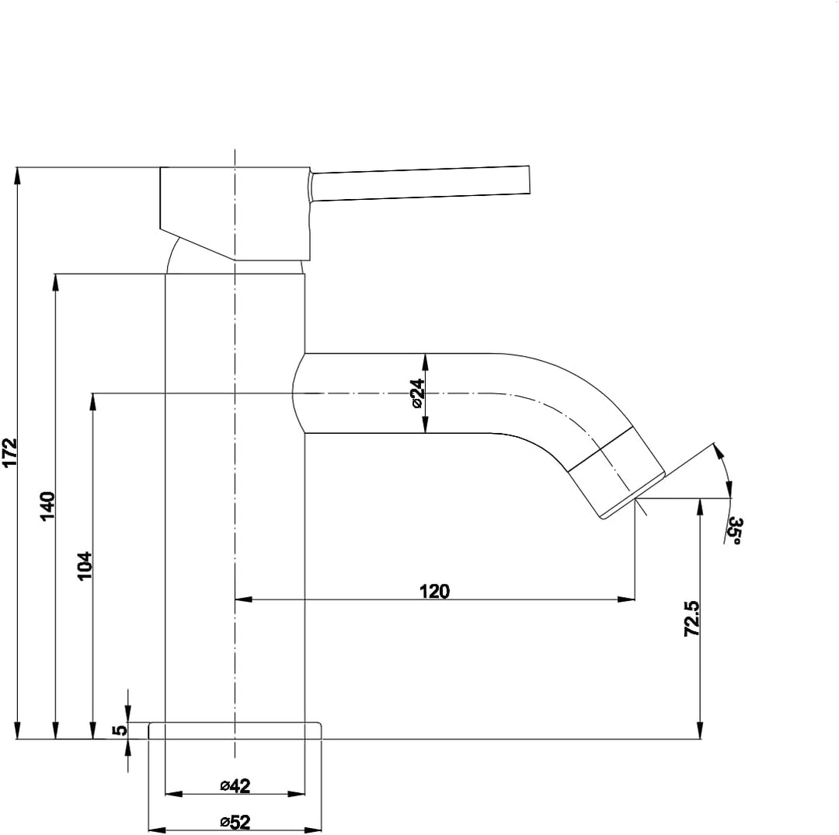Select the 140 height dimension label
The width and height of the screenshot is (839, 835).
(47, 506)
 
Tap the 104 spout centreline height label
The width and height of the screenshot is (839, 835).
(85, 565)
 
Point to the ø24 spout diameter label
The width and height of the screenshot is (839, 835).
(417, 393)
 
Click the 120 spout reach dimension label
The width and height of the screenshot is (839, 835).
(434, 592)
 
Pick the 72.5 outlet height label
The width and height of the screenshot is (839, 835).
(691, 619)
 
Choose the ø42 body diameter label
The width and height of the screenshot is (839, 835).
(235, 786)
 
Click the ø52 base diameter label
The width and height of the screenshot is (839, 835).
(235, 822)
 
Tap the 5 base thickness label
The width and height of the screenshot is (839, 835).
(120, 729)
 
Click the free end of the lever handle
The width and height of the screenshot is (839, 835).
(529, 179)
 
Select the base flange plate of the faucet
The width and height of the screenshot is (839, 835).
(235, 731)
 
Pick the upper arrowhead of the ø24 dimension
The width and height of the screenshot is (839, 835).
(425, 362)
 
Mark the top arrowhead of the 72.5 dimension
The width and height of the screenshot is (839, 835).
(701, 507)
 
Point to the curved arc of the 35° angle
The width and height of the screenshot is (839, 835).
(726, 469)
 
